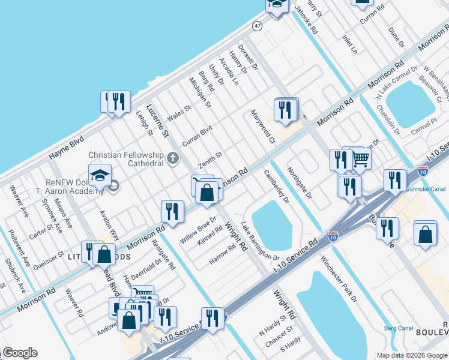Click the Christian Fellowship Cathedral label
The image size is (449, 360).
(x=126, y=159)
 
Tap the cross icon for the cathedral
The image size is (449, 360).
(x=173, y=158)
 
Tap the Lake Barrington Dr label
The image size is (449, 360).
(x=261, y=241)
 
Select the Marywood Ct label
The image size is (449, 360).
(x=262, y=127)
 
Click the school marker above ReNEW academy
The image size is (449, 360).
(x=99, y=176)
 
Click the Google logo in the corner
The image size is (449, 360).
(x=20, y=353)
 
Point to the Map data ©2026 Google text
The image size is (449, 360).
(x=412, y=355)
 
